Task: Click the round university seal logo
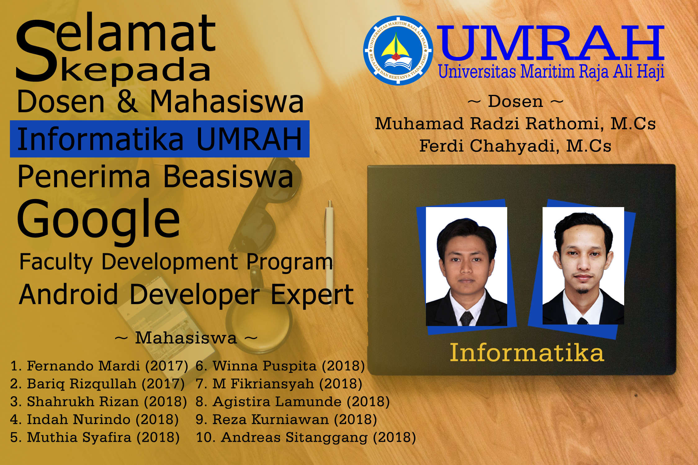pyautogui.click(x=398, y=50)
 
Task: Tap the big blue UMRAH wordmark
pyautogui.click(x=551, y=43)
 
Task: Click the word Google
pyautogui.click(x=99, y=221)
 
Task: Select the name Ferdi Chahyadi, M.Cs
pyautogui.click(x=515, y=146)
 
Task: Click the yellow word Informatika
pyautogui.click(x=527, y=352)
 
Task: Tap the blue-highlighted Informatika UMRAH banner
pyautogui.click(x=160, y=139)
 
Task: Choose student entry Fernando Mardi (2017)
pyautogui.click(x=99, y=366)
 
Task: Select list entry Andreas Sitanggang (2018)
pyautogui.click(x=306, y=437)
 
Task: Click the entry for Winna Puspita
pyautogui.click(x=280, y=366)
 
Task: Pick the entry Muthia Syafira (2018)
pyautogui.click(x=95, y=437)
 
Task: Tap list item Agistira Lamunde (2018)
pyautogui.click(x=293, y=402)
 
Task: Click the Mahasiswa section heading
pyautogui.click(x=186, y=338)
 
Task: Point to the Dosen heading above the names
pyautogui.click(x=515, y=101)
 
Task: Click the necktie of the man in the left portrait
pyautogui.click(x=466, y=319)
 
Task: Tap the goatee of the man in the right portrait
pyautogui.click(x=583, y=290)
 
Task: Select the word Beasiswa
pyautogui.click(x=228, y=177)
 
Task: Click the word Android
pyautogui.click(x=68, y=294)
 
